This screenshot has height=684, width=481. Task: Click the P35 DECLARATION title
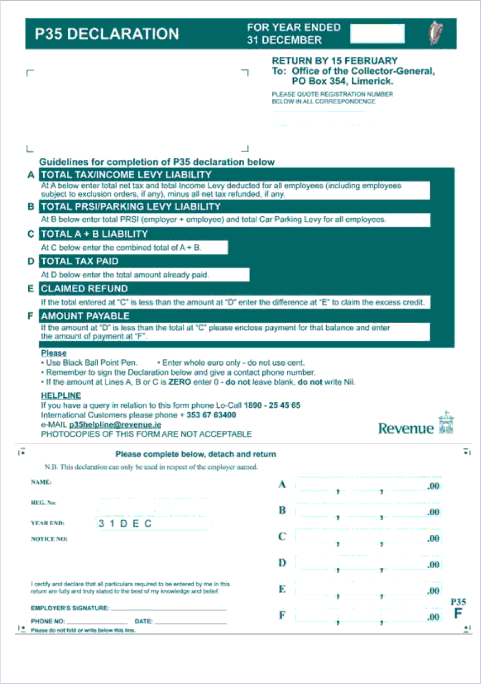coord(107,34)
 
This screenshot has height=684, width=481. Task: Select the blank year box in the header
coord(377,34)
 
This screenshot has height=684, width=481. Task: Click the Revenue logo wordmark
coord(406,428)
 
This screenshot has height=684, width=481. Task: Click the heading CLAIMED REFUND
coord(84,288)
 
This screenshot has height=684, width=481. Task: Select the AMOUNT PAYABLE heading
coord(85,316)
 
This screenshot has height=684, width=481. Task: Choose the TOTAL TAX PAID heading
coord(80,261)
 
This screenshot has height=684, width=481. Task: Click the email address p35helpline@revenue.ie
coord(115,425)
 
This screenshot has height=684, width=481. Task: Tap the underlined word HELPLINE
coord(61,396)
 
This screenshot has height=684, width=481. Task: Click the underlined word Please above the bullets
coord(54,353)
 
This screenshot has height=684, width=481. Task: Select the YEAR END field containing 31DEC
coord(153,523)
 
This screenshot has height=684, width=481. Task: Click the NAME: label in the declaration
coord(41,482)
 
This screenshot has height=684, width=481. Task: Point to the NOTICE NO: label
coord(49,539)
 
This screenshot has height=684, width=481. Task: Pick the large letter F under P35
coord(458,613)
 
